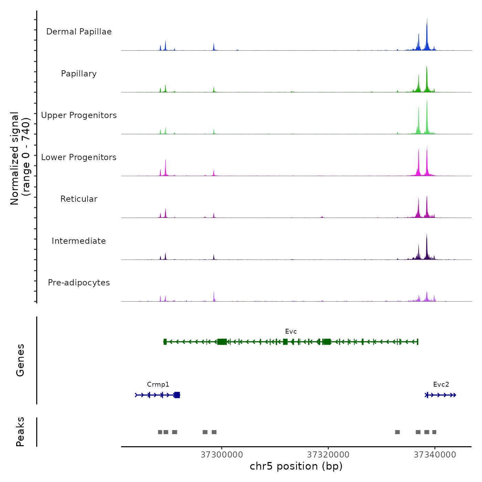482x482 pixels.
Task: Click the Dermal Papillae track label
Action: [79, 32]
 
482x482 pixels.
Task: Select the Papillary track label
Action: [79, 74]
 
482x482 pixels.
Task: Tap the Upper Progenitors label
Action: [79, 115]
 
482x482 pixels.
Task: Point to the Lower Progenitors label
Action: [79, 157]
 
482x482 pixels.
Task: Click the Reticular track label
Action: [79, 199]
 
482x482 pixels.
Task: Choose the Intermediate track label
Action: [79, 241]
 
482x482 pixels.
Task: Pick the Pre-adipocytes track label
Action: [79, 283]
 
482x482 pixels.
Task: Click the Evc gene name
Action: [291, 332]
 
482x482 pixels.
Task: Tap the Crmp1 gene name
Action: [158, 385]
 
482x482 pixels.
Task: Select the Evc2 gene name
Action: [441, 385]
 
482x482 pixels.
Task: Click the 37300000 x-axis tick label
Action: [222, 455]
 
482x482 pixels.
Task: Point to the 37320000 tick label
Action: [328, 455]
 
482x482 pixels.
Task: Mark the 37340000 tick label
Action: [435, 455]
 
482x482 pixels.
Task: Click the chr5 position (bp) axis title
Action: [296, 466]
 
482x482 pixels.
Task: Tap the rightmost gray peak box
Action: [434, 432]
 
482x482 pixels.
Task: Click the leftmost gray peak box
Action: [160, 432]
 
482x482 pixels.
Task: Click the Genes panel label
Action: [20, 360]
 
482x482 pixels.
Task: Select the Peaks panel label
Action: [20, 432]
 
